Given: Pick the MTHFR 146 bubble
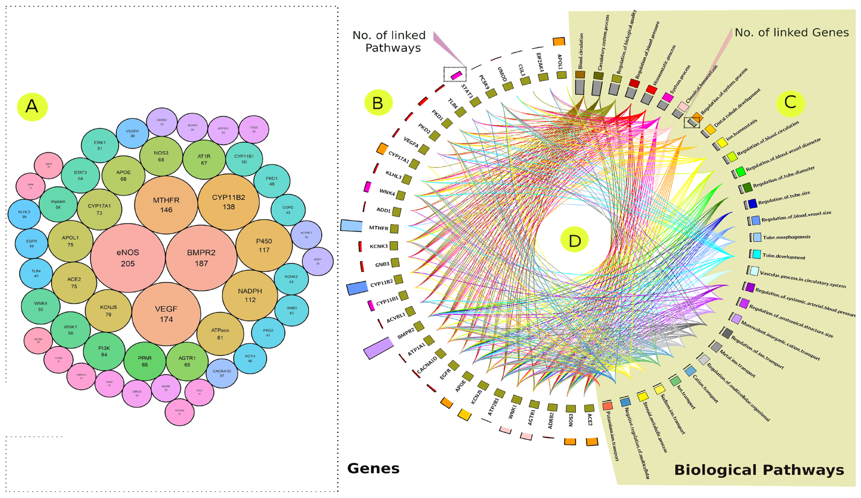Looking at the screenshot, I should (x=166, y=205).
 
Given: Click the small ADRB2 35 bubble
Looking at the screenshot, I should (x=162, y=122).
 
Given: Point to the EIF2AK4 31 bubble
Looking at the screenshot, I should (x=179, y=412).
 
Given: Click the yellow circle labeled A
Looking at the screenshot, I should (x=32, y=106).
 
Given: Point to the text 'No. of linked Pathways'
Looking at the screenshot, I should (x=390, y=41).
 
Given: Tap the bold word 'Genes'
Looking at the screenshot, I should (x=373, y=468).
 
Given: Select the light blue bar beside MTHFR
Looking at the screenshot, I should (x=351, y=226).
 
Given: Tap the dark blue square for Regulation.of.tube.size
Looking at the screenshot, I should (x=752, y=203).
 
